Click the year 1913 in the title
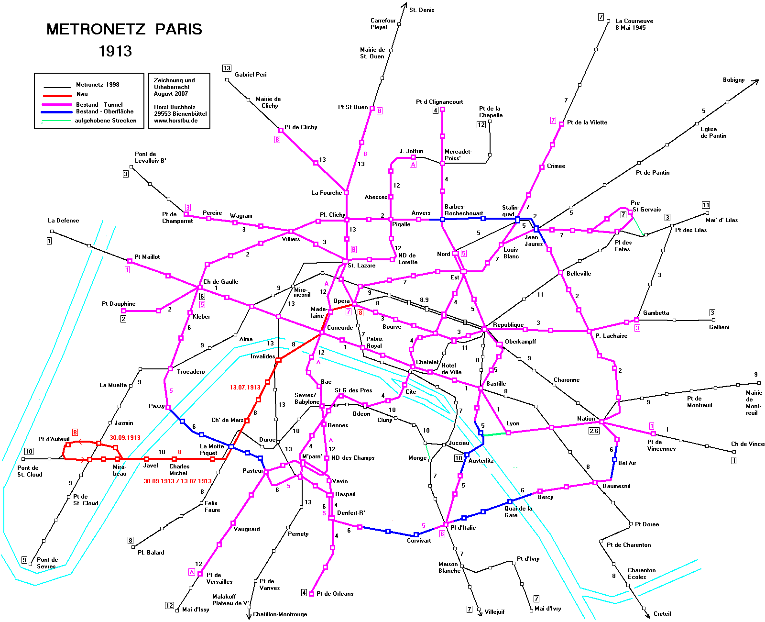115,51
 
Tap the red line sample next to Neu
57,95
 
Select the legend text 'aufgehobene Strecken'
106,121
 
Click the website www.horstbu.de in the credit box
175,121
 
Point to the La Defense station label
64,221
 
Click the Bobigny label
733,80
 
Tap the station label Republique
508,325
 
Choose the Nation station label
586,419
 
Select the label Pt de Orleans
335,594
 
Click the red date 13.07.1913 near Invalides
245,388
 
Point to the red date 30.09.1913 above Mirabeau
125,438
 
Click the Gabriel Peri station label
251,75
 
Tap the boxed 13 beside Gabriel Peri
227,68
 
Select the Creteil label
662,614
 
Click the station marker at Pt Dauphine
123,311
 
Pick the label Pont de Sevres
47,563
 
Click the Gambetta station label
656,313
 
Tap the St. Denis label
422,10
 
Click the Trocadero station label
191,372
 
